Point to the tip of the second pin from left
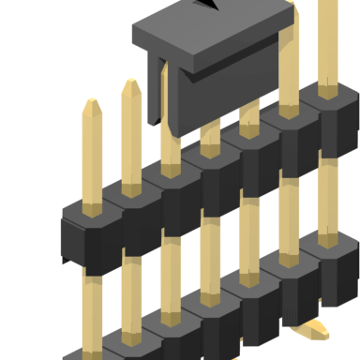pyautogui.click(x=130, y=85)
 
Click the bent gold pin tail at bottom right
pyautogui.click(x=315, y=329)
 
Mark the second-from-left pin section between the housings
pyautogui.click(x=131, y=281)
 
